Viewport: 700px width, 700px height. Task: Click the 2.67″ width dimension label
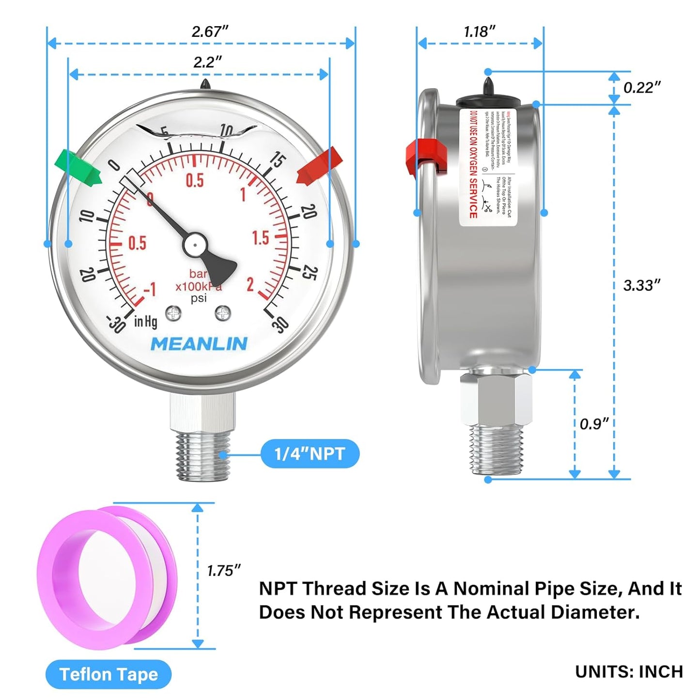point(209,31)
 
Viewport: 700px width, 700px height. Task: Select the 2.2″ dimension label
point(207,62)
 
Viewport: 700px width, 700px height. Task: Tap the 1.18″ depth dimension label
point(479,32)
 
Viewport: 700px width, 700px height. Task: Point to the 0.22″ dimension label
point(641,88)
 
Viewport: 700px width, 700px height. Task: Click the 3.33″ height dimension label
point(641,285)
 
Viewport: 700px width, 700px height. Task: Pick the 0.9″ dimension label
point(594,424)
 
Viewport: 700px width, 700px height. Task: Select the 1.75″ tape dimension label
point(223,571)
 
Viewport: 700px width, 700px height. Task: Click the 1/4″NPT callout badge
point(310,454)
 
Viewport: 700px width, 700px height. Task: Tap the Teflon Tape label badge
point(109,674)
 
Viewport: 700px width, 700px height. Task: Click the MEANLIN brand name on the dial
point(199,344)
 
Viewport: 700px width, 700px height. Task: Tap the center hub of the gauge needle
point(195,245)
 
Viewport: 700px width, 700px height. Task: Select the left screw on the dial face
point(173,313)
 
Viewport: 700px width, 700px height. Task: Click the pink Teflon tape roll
point(107,576)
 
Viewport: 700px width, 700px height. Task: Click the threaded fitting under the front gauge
point(202,455)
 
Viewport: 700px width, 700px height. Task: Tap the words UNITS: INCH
point(629,672)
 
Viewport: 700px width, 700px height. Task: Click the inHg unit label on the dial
point(145,321)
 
